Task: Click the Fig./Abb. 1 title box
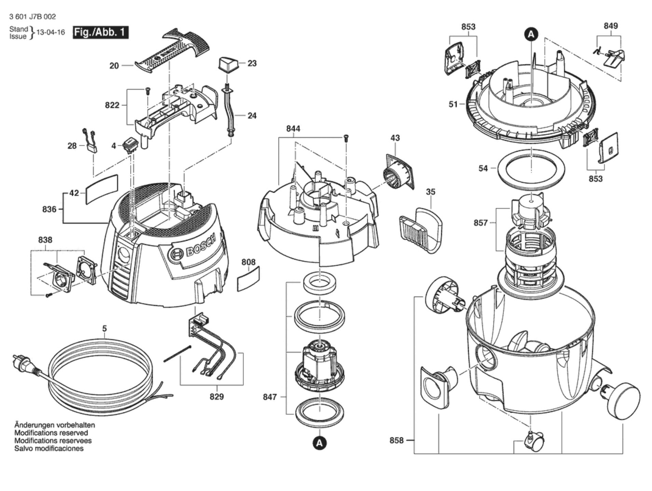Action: pyautogui.click(x=101, y=32)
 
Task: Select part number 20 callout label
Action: pyautogui.click(x=114, y=65)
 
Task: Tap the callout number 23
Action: pyautogui.click(x=252, y=63)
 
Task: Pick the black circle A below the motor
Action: pyautogui.click(x=319, y=443)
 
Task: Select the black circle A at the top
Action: pyautogui.click(x=531, y=34)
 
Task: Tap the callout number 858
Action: pyautogui.click(x=396, y=440)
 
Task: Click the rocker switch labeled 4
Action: pyautogui.click(x=130, y=146)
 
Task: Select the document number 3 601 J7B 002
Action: pyautogui.click(x=32, y=17)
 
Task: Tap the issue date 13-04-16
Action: pyautogui.click(x=51, y=32)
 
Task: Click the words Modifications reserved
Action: pyautogui.click(x=51, y=433)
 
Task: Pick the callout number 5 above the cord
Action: pyautogui.click(x=104, y=328)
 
